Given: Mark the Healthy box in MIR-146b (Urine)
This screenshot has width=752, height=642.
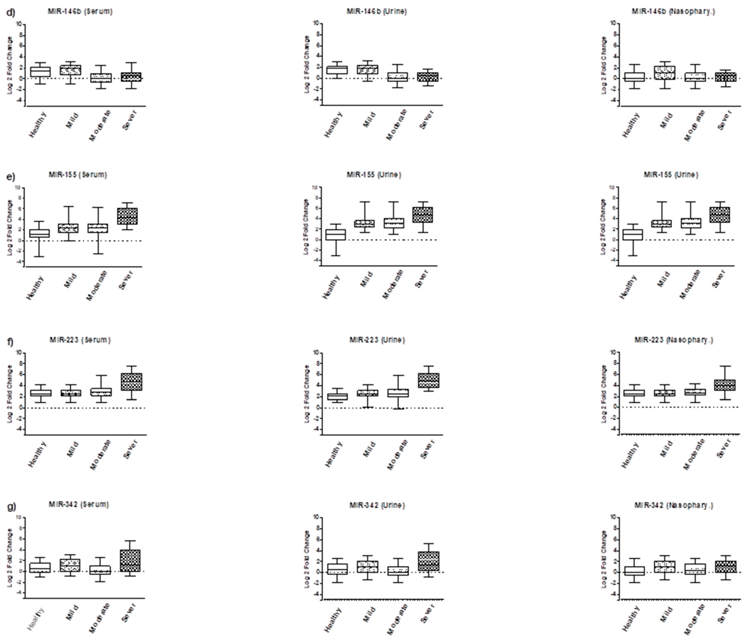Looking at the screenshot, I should [337, 70].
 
